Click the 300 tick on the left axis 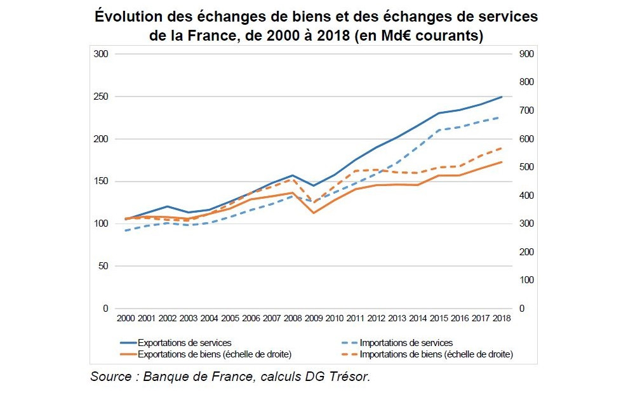(101, 54)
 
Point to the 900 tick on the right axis (526, 54)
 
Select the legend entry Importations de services (406, 343)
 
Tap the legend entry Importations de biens (436, 354)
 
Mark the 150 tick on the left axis (101, 181)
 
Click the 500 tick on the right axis (526, 167)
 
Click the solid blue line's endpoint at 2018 (502, 97)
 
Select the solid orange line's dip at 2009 (313, 213)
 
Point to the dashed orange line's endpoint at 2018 (502, 147)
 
